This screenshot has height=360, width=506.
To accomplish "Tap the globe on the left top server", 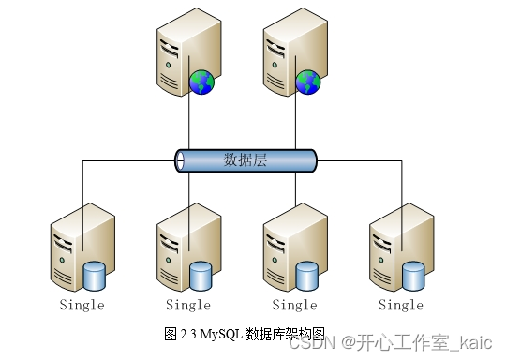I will coord(201,83).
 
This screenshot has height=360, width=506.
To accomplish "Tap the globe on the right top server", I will coord(307,83).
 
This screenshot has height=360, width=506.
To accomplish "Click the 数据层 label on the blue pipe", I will coord(246,159).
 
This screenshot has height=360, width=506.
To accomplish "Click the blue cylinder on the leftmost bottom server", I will coord(95,276).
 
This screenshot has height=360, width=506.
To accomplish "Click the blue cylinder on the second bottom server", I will coord(201,276).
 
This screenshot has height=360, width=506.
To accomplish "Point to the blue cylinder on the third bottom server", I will coord(307,276).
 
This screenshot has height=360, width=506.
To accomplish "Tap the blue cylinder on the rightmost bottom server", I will coord(413,276).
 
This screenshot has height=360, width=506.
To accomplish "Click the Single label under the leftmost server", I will coord(82,305).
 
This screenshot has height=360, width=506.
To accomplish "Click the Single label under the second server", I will coord(188,305).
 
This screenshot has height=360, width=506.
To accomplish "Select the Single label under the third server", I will coord(294,305).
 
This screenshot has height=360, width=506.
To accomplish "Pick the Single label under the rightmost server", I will coord(401,305).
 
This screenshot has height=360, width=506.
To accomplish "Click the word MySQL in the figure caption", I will coord(220,333).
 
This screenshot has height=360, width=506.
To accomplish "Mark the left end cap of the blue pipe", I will coord(180,160).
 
